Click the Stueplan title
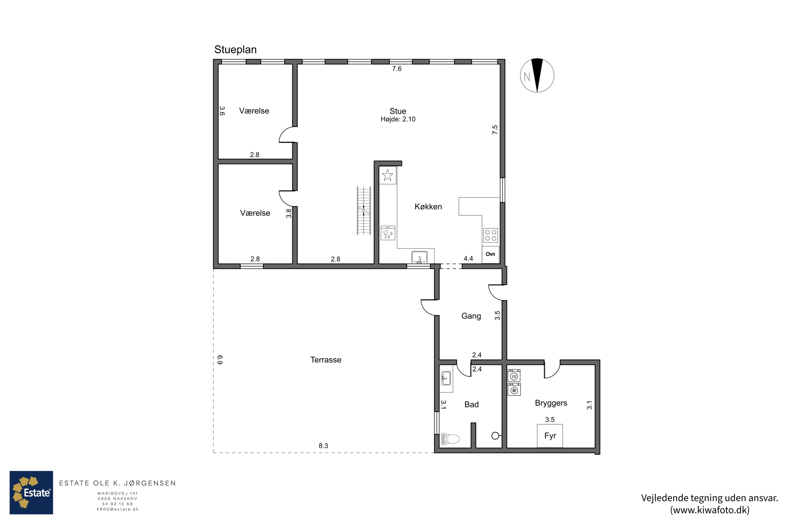click(x=235, y=50)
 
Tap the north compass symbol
click(x=537, y=75)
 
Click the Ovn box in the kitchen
click(x=490, y=254)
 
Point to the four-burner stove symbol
click(x=491, y=235)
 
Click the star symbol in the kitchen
click(x=387, y=175)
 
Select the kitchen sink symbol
click(x=419, y=258)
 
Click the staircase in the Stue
click(x=364, y=211)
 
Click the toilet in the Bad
click(x=450, y=439)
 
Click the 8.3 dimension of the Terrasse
click(x=323, y=446)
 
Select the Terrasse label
click(x=326, y=360)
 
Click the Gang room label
click(x=471, y=316)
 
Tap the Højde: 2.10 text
click(x=398, y=119)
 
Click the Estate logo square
click(x=31, y=492)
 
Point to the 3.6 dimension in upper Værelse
click(x=222, y=111)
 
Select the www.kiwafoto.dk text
click(x=710, y=510)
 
